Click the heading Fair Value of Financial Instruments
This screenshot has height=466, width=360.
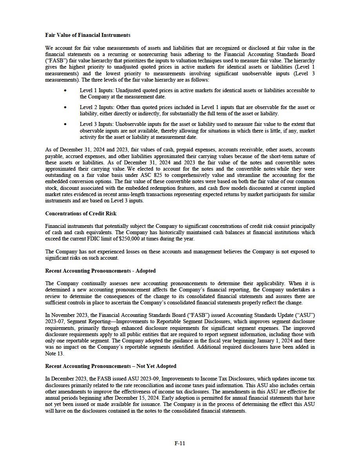pos(88,35)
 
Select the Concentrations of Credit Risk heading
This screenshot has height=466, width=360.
pos(81,213)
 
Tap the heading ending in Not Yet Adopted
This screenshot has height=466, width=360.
pos(111,366)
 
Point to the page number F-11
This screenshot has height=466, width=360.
pos(180,444)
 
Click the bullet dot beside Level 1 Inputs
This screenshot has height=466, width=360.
pos(65,91)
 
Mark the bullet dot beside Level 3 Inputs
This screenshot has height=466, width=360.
pos(65,124)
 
